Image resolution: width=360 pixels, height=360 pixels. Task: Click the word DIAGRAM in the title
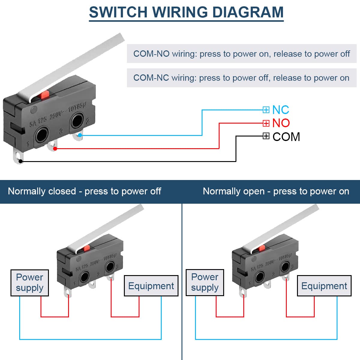pos(248,13)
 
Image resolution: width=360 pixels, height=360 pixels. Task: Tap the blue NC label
pos(280,110)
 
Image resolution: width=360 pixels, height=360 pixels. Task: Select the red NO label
pos(281,123)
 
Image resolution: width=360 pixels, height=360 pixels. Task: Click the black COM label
pos(286,137)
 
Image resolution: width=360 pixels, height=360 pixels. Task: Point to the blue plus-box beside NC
pos(266,110)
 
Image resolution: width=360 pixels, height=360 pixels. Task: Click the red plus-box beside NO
pos(266,123)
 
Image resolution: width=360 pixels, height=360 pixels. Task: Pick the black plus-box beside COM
pos(266,136)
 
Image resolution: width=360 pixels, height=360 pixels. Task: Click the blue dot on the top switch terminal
pos(80,135)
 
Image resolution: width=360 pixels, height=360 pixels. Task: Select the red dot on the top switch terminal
pos(55,148)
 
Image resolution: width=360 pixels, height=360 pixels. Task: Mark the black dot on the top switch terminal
pos(20,161)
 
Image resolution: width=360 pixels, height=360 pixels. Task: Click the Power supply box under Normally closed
pos(30,283)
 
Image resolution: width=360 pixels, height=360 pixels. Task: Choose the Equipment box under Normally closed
pos(151,286)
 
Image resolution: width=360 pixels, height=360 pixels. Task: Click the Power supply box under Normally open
pos(205,282)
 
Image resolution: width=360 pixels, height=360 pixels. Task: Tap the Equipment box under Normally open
pos(324,286)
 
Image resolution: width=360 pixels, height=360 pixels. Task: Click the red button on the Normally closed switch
pos(87,248)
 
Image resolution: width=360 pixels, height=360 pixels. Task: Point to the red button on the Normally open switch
pos(262,248)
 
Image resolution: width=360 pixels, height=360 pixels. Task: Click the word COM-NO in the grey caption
pos(151,54)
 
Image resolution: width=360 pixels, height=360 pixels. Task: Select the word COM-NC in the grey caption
pos(151,78)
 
